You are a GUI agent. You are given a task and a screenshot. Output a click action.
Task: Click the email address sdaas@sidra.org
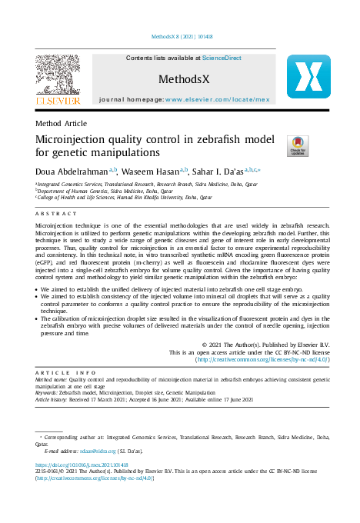click(96, 451)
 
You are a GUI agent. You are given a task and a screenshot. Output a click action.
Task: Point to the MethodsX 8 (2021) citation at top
click(181, 36)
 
